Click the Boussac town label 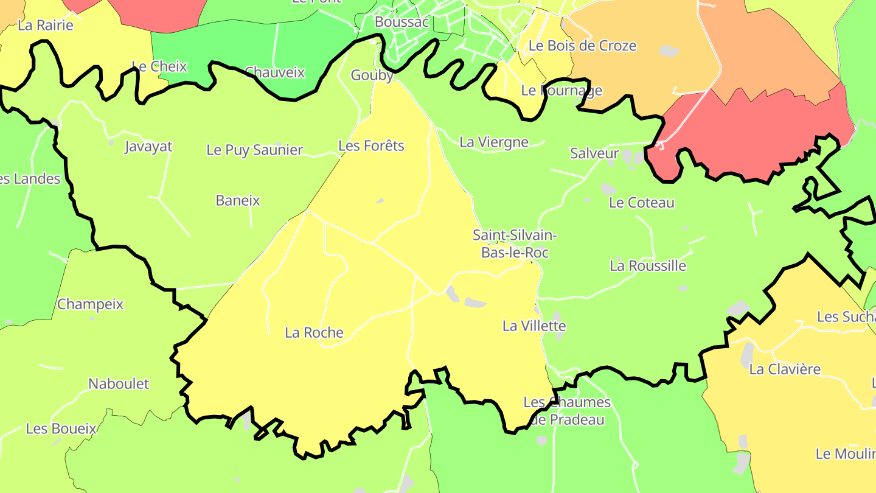[402, 22]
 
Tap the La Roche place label [314, 333]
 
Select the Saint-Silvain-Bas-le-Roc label [515, 243]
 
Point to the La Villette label [534, 326]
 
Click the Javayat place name [148, 147]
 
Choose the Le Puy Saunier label [254, 150]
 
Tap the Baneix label [238, 200]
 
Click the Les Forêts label [371, 146]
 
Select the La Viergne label [493, 142]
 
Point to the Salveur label [594, 153]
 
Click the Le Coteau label [641, 203]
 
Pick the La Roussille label [647, 266]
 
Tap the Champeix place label [90, 304]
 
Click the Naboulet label [119, 384]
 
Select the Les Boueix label [61, 428]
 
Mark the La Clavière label [785, 369]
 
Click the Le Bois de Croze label [582, 46]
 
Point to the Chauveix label [274, 72]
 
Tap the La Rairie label [46, 26]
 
